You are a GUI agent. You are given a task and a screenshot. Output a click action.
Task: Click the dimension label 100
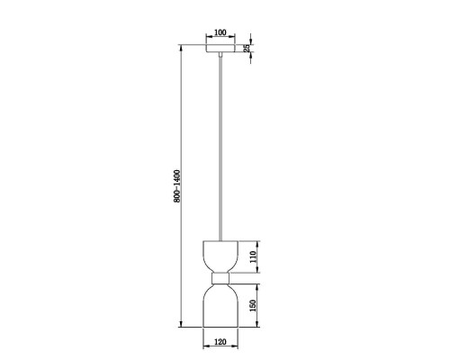tap(220, 32)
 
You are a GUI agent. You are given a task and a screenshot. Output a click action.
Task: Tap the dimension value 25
tap(247, 48)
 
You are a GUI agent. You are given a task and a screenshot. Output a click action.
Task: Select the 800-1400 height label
tap(177, 186)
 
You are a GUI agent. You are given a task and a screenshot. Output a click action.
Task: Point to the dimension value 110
tap(253, 257)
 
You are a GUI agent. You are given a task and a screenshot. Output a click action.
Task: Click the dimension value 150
tap(253, 305)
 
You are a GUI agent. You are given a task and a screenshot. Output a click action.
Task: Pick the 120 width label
tap(220, 342)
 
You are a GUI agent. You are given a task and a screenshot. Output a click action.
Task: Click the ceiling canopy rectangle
tap(220, 49)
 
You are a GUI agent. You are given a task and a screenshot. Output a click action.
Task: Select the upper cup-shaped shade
tap(220, 256)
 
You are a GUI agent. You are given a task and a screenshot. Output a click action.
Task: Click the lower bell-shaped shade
tap(220, 305)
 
